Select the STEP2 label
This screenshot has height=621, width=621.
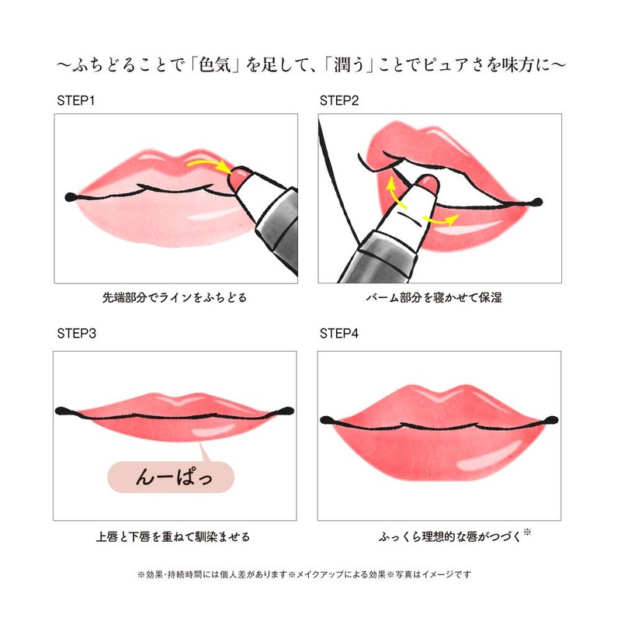342,101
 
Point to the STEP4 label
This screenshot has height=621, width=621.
342,335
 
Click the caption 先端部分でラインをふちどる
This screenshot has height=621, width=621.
175,297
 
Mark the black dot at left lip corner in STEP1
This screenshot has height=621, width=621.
71,195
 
